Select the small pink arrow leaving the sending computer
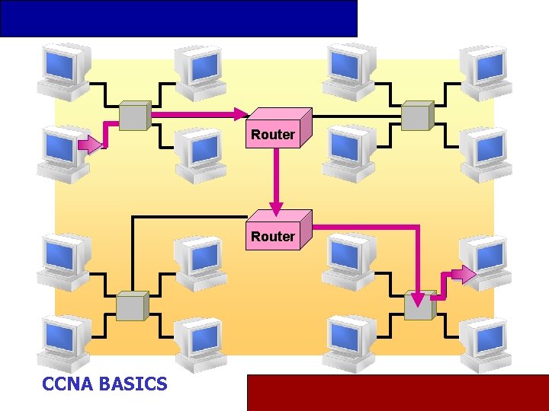[x=89, y=145]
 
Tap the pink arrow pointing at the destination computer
[x=462, y=274]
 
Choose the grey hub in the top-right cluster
[x=417, y=115]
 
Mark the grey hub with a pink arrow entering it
[x=419, y=305]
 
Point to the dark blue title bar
[x=178, y=18]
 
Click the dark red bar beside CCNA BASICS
[x=396, y=392]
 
